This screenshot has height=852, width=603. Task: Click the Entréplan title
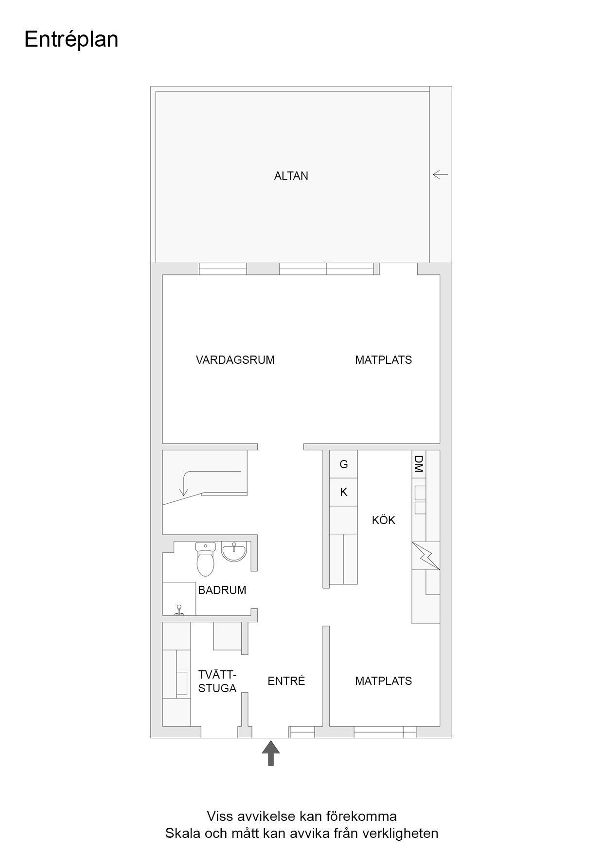point(71,40)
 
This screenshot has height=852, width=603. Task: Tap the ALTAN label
point(291,176)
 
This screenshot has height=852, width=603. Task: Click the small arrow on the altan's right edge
point(440,174)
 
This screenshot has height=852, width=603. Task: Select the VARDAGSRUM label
point(235,360)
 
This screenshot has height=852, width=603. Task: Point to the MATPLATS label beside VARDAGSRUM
point(383,360)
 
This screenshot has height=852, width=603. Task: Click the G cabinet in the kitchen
point(343,464)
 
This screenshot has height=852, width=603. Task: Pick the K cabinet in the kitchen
point(343,492)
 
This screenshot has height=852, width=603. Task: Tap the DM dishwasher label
point(418,464)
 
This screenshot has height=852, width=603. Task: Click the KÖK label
point(383,520)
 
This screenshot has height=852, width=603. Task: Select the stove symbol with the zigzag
point(426,556)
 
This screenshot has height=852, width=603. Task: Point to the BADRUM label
point(222,590)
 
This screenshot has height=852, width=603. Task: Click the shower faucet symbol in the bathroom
point(179,611)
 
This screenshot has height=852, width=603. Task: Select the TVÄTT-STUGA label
point(217,682)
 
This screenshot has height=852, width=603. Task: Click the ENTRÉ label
point(286,681)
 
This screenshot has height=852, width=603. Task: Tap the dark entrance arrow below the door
point(271,752)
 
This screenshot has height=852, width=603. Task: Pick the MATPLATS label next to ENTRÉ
point(383,681)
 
